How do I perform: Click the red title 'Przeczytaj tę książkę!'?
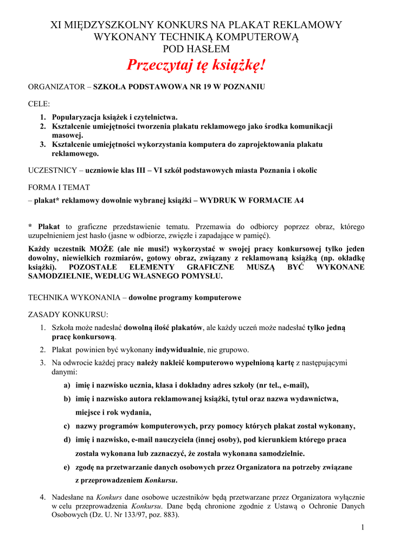[x=196, y=66]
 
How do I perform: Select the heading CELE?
[x=39, y=104]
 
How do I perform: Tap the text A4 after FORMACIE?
[x=298, y=200]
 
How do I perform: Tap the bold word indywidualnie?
[x=179, y=350]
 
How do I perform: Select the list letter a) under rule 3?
[x=67, y=385]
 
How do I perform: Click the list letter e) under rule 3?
[x=67, y=467]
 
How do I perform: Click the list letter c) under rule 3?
[x=67, y=426]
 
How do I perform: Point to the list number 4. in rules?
[x=43, y=496]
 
